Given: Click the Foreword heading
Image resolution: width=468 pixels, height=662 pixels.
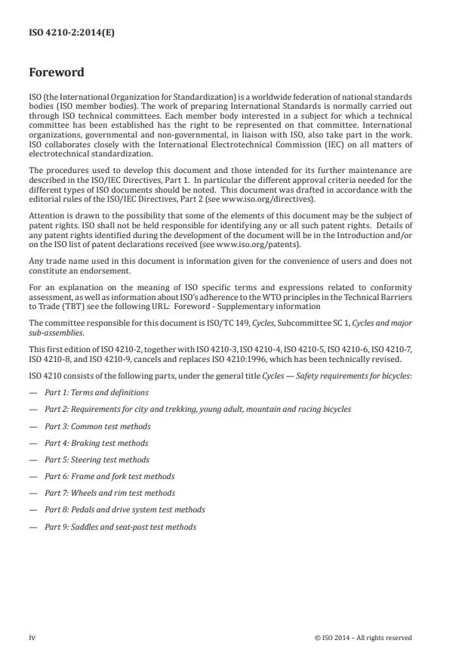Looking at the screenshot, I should tap(56, 73).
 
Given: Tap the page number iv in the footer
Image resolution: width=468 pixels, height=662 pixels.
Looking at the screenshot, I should tap(32, 637).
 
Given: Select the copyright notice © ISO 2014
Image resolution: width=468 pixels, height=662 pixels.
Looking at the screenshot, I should tap(362, 638).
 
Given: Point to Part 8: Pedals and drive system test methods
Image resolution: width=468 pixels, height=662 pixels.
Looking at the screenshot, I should tap(125, 509).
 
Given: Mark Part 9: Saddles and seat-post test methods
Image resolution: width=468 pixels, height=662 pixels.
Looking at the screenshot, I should tap(120, 526).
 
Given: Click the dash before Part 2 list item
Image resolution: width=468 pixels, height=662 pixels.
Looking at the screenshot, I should tap(32, 410).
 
